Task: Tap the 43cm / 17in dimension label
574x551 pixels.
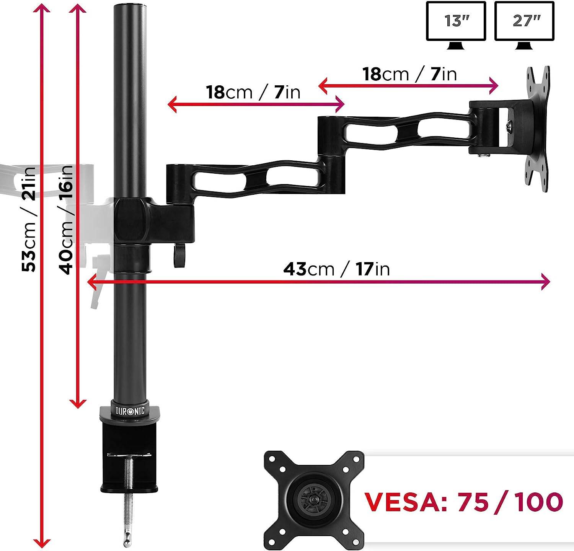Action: (336, 269)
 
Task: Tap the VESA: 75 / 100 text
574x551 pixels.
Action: (463, 502)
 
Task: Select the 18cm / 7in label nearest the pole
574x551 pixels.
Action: (253, 93)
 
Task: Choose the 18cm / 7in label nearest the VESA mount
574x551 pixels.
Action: (410, 74)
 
